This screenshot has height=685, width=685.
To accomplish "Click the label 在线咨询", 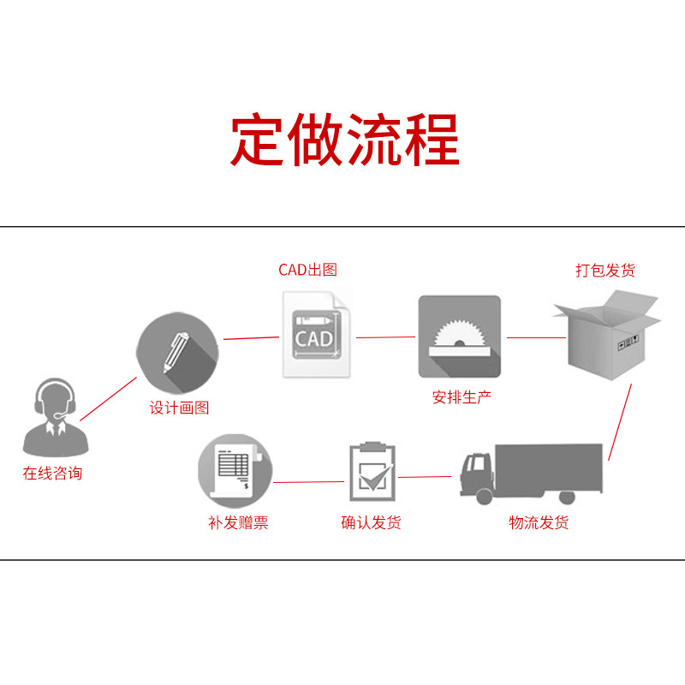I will click(53, 473).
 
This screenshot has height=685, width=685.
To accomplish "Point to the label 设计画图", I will click(179, 408).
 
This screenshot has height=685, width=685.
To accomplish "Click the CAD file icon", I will click(315, 335).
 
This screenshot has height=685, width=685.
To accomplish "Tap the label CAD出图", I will click(308, 270).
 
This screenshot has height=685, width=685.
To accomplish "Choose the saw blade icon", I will click(459, 337).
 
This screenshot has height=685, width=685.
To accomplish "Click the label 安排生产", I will click(462, 397).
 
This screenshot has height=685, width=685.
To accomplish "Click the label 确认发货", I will click(371, 522).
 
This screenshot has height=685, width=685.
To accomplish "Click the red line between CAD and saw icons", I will click(385, 337).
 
